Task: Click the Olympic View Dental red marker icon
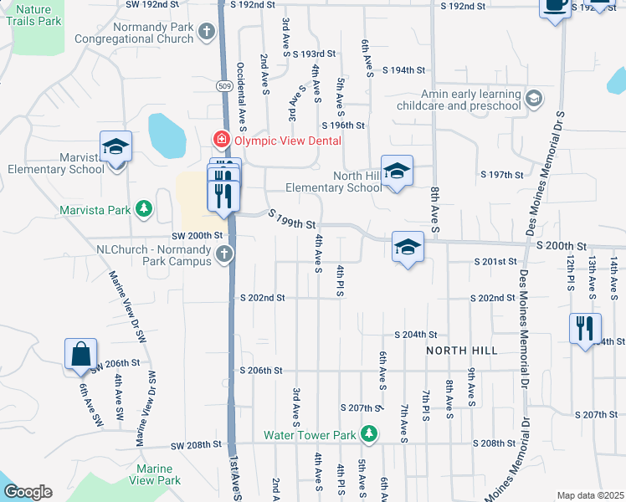[222, 140]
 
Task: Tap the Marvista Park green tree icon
[144, 207]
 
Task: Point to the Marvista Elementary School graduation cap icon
[115, 146]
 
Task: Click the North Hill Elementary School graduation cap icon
[397, 170]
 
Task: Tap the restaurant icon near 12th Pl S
[585, 326]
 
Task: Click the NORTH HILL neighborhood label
[462, 350]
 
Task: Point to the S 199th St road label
[292, 221]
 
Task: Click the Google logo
[28, 492]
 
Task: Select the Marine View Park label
[156, 474]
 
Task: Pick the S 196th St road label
[346, 125]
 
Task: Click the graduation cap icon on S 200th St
[408, 246]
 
